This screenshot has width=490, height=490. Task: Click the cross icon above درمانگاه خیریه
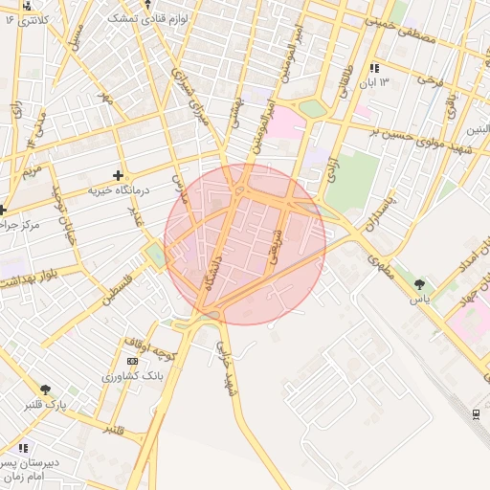click(118, 175)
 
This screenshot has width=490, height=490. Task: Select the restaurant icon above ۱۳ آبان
click(374, 68)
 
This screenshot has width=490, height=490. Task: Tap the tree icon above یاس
click(419, 284)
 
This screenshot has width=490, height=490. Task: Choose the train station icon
click(476, 412)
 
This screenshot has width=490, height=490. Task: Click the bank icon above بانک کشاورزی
click(131, 361)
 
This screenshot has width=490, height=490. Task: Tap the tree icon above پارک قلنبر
click(45, 389)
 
